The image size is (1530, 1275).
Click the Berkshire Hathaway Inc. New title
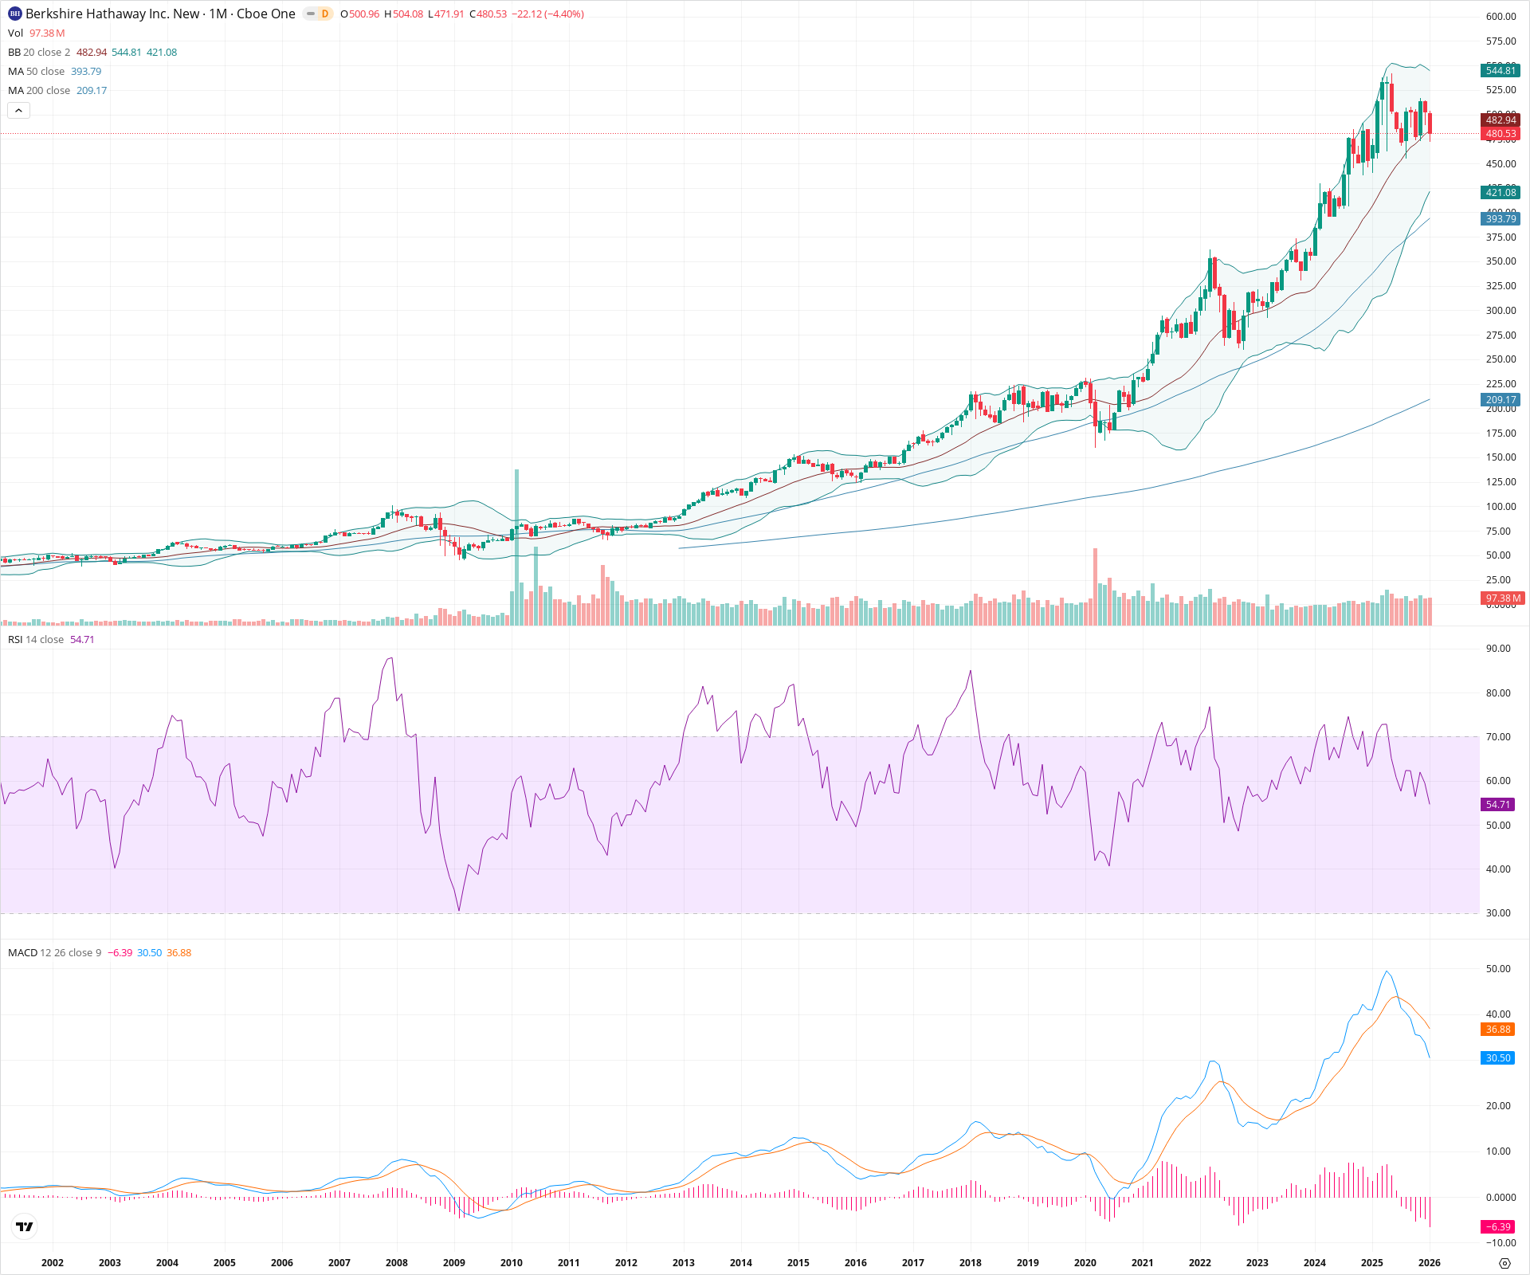112,14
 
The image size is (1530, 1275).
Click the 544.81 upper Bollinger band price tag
1501,71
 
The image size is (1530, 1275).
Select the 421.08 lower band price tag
1501,192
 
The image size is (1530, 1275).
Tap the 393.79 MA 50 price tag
1501,218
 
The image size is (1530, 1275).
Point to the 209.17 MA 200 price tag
1501,400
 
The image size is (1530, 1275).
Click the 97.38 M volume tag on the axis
1503,598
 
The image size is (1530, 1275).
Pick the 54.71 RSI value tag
1497,805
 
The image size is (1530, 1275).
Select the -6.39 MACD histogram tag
1497,1226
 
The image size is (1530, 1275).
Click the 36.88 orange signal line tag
1497,1030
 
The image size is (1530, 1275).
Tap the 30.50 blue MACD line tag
1497,1058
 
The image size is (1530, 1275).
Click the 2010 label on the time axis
512,1262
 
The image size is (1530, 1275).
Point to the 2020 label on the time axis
1085,1262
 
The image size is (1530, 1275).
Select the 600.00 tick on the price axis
1501,17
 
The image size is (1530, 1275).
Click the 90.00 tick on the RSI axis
1498,649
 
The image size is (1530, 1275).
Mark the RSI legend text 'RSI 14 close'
36,640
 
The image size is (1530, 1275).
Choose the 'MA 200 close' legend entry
39,91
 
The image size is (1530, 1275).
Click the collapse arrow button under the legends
18,111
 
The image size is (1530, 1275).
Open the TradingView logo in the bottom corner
25,1226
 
